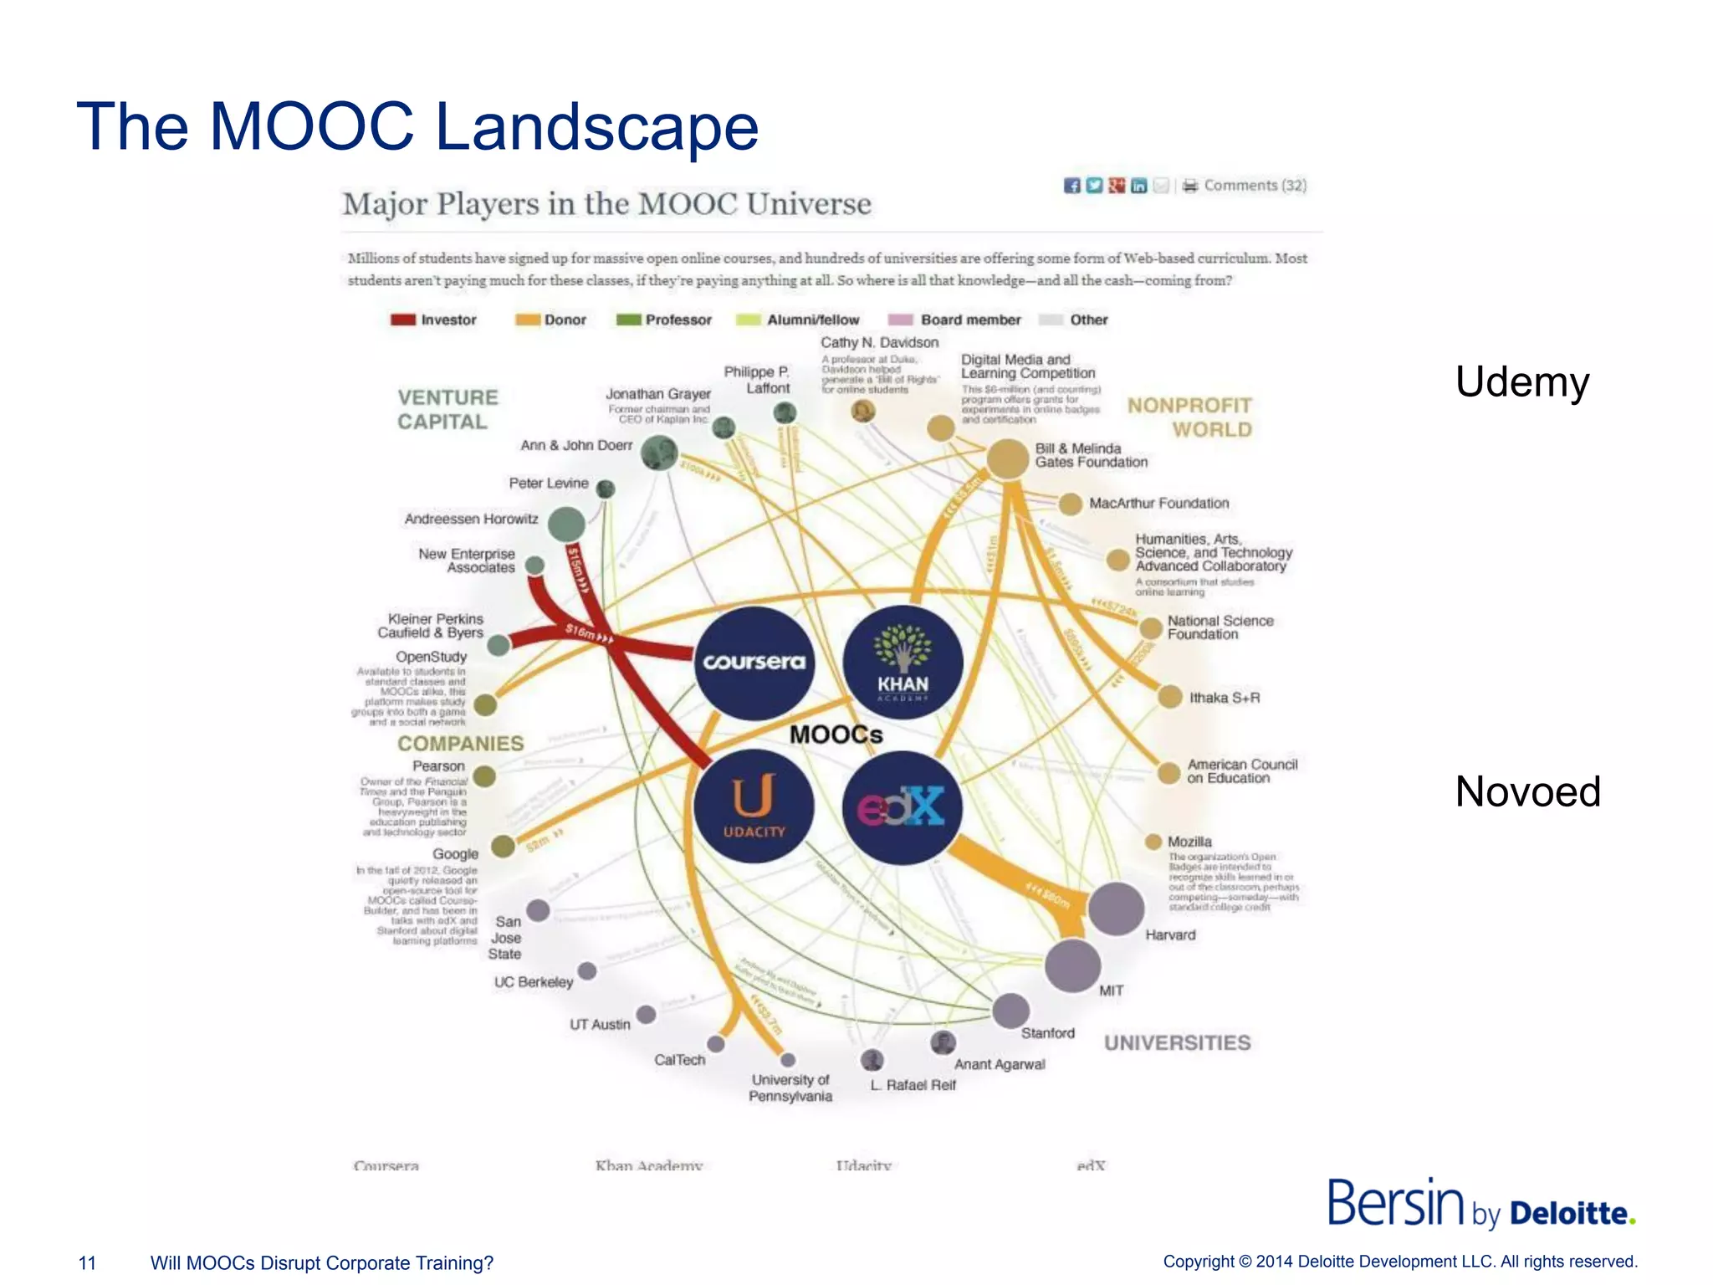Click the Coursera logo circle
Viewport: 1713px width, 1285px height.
tap(754, 663)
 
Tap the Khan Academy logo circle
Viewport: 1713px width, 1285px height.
tap(903, 663)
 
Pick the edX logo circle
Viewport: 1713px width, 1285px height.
tap(902, 807)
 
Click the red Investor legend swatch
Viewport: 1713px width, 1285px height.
tap(403, 320)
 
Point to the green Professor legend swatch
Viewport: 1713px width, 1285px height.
tap(628, 320)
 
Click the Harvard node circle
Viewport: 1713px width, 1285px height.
tap(1116, 909)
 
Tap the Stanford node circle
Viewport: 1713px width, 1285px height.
tap(1010, 1011)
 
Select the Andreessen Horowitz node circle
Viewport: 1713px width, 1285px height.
tap(566, 524)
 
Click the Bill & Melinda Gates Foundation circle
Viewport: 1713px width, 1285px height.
tap(1007, 458)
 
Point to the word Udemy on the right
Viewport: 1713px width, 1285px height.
tap(1521, 382)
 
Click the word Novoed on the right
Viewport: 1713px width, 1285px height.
tap(1527, 791)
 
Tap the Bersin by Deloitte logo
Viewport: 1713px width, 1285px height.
tap(1480, 1204)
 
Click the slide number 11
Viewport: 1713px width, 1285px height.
tap(87, 1262)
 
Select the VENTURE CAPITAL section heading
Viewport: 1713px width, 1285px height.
tap(447, 409)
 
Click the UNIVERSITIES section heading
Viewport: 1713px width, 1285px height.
tap(1177, 1042)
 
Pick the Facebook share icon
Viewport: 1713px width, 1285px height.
tap(1071, 186)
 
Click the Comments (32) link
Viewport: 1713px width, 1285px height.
tap(1255, 186)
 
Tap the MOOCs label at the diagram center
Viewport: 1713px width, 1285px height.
tap(836, 735)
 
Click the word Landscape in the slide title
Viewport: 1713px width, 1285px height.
tap(596, 126)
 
